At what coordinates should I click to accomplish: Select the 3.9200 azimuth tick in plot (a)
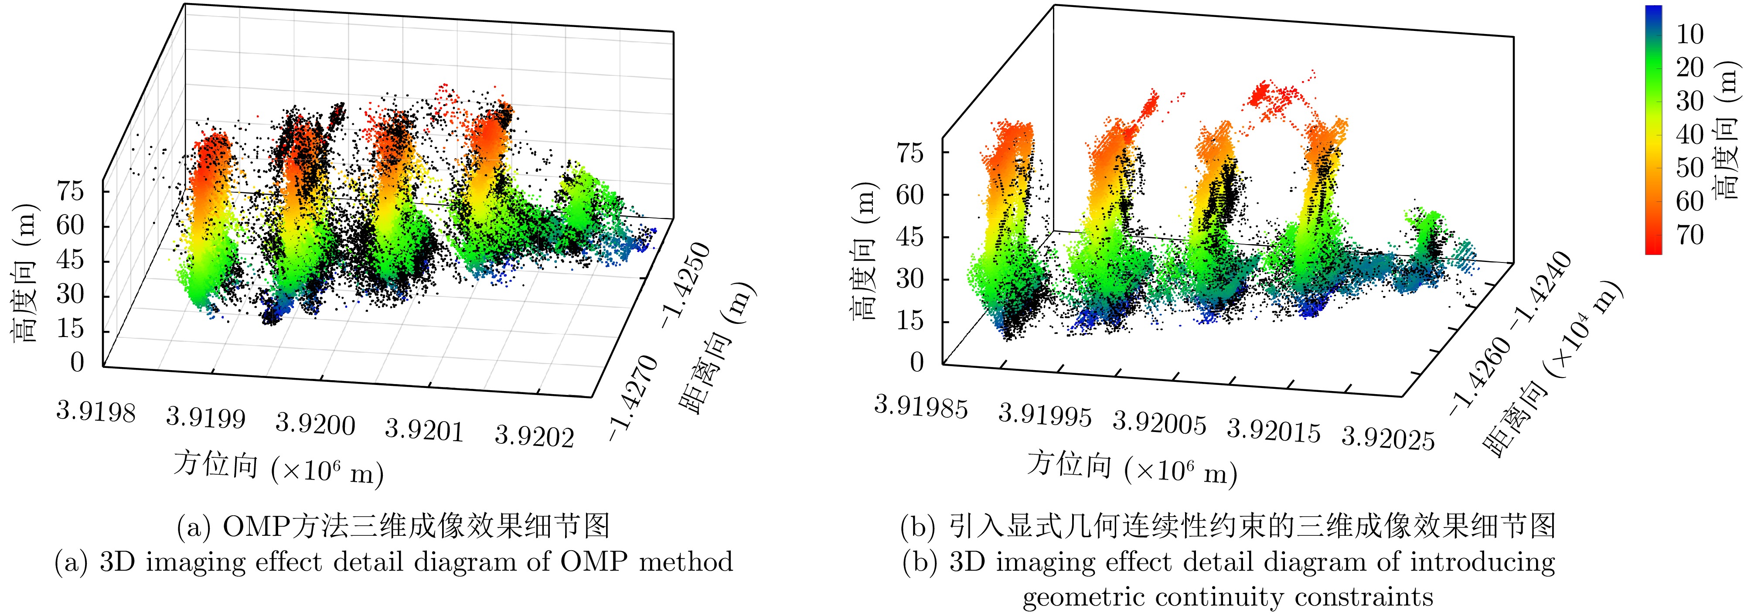click(x=315, y=424)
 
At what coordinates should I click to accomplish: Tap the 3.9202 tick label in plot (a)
click(x=534, y=435)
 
